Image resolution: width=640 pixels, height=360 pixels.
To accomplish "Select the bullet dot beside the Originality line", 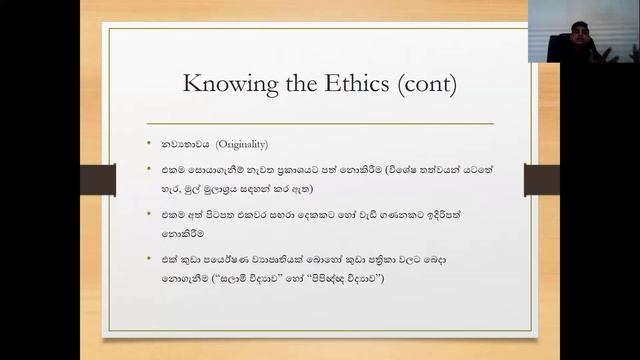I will click(x=150, y=145).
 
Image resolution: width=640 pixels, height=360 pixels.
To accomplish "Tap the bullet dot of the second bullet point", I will click(x=150, y=172).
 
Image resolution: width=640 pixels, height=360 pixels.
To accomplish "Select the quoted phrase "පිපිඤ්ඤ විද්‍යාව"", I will click(x=359, y=276).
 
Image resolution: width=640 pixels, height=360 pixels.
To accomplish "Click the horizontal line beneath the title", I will click(x=319, y=123).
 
